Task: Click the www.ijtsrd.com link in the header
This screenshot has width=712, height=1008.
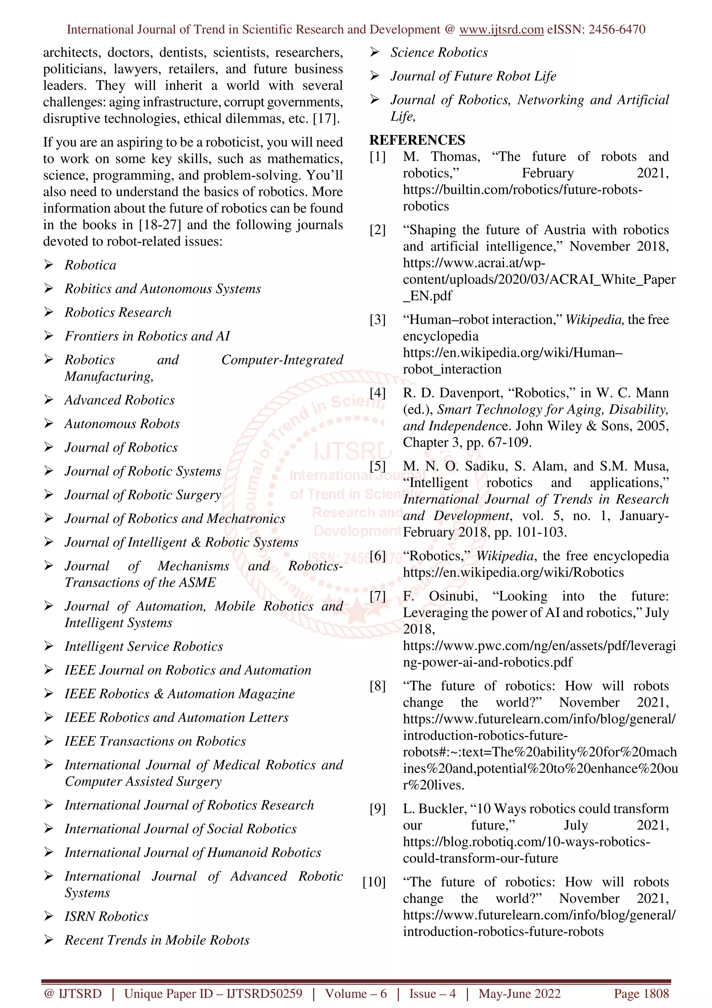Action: pos(501,30)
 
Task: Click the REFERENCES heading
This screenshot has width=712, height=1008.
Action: pos(417,140)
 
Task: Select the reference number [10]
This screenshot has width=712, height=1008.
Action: pos(374,882)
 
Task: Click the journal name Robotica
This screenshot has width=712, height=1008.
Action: pos(90,265)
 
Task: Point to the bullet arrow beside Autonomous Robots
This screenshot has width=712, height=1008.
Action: pos(49,423)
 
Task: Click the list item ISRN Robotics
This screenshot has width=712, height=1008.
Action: pos(107,916)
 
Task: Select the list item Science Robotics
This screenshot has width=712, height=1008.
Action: pos(439,53)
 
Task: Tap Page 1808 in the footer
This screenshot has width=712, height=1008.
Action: pos(641,993)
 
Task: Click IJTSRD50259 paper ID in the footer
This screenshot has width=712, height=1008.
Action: pos(264,993)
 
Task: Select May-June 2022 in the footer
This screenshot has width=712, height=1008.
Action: pos(519,993)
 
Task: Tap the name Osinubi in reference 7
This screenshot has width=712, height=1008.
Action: pos(453,596)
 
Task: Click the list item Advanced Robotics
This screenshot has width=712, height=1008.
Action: pos(119,400)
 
